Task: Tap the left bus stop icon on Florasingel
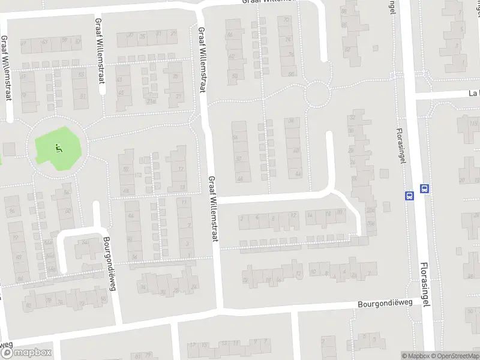tap(409, 195)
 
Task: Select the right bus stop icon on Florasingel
tap(425, 188)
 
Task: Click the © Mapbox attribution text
tap(415, 356)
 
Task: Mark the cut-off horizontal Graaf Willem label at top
tap(269, 2)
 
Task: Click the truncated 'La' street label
tap(473, 94)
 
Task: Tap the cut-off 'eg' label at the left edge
tap(6, 345)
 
